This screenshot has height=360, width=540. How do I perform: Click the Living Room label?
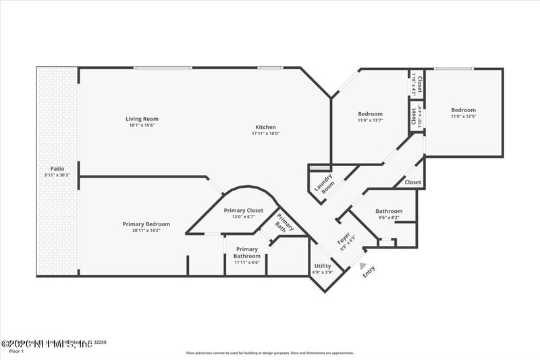click(x=146, y=119)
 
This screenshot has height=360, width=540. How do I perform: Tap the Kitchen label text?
click(x=265, y=128)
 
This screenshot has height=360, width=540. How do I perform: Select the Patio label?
click(x=57, y=169)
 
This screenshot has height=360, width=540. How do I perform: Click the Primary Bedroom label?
click(x=146, y=224)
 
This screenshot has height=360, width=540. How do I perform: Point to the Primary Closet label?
click(x=243, y=210)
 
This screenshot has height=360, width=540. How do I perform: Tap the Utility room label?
click(x=323, y=266)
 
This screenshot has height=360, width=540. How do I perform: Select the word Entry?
click(x=369, y=271)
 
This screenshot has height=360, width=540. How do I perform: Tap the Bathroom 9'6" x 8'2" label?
click(x=389, y=211)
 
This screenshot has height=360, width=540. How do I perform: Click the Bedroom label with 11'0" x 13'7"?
click(x=370, y=114)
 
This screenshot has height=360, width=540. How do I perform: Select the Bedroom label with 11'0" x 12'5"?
click(x=463, y=110)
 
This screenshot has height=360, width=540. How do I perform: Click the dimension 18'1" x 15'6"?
click(x=146, y=125)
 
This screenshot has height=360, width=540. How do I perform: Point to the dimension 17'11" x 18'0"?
click(x=265, y=134)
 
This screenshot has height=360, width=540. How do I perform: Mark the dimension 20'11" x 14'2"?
click(x=146, y=230)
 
